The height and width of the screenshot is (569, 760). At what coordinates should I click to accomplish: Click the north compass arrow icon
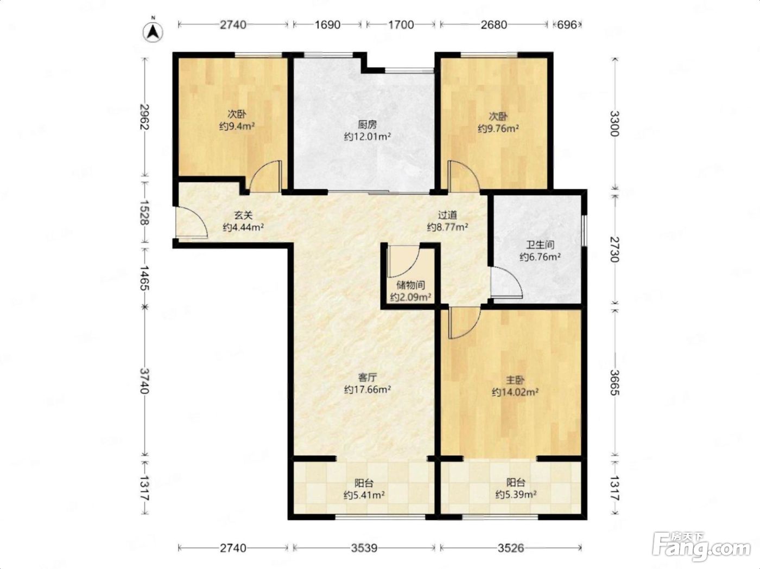tap(153, 33)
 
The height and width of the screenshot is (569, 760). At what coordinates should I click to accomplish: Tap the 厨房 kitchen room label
tap(368, 125)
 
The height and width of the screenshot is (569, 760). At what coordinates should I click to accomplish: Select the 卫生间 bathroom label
tap(540, 245)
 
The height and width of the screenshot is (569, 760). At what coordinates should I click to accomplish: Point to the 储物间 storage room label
tap(410, 285)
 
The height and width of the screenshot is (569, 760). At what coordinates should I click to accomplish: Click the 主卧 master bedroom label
tap(515, 380)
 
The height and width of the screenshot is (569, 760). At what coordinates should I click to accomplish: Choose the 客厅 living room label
tap(368, 377)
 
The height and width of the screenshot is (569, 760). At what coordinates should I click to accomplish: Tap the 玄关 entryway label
tap(243, 215)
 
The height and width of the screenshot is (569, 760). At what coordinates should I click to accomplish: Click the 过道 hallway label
tap(447, 215)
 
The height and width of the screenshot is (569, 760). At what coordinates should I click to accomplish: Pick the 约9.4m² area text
tap(237, 126)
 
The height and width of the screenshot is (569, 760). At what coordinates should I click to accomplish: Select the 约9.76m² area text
tap(498, 129)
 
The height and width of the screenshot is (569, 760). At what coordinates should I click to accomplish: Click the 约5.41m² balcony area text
tap(364, 495)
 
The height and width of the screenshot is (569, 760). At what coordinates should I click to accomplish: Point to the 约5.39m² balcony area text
tap(516, 495)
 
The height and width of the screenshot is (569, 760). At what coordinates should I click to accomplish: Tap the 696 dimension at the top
tap(567, 24)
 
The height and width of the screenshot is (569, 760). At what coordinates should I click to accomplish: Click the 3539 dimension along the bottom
tap(364, 548)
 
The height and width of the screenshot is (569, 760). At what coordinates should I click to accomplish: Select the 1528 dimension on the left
tap(145, 213)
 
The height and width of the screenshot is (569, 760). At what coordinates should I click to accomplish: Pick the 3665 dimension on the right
tap(615, 382)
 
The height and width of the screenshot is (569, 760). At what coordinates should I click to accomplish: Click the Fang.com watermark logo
tap(701, 546)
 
